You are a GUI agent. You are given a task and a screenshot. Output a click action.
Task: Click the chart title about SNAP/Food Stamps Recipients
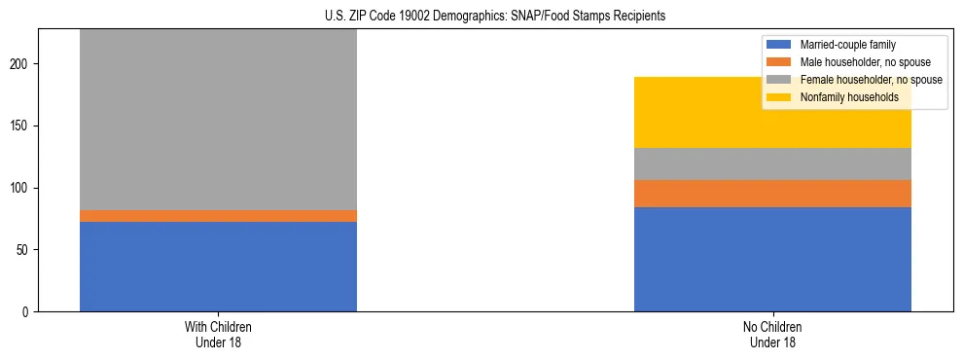[481, 17]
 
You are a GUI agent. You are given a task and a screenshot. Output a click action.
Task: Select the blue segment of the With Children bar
[218, 267]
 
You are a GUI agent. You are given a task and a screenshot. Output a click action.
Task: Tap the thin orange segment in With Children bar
[218, 216]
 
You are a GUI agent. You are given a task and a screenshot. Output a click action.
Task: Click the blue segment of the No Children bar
[772, 259]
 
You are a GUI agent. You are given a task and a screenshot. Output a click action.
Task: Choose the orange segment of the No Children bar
[772, 194]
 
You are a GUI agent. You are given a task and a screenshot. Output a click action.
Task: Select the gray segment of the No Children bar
[772, 163]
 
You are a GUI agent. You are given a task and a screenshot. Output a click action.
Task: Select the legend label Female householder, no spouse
[871, 80]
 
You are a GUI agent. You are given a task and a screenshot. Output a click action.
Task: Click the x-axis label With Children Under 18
[218, 334]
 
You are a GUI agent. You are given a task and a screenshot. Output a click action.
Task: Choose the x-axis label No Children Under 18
[772, 334]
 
